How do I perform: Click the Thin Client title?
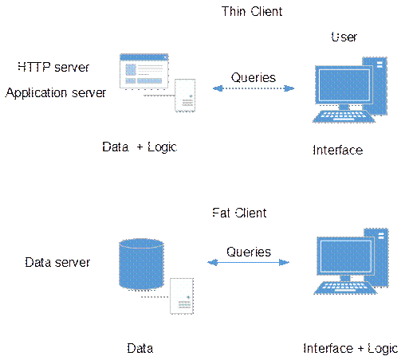pos(252,12)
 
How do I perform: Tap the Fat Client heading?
pos(239,213)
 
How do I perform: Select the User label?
pos(344,37)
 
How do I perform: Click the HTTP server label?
pos(53,67)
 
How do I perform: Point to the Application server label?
pos(56,93)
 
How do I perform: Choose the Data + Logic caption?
pos(140,147)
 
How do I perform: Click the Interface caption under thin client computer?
pos(338,150)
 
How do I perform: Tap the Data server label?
pos(57,263)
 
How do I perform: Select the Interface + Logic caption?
pos(351,349)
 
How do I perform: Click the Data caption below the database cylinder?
pos(140,349)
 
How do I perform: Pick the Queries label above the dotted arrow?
pos(254,77)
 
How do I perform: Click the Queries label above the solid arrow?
pos(249,252)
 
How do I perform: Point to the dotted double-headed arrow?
pos(254,88)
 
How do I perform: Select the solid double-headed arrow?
pos(249,263)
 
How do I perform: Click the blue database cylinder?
pos(141,264)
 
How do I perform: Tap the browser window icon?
pos(144,71)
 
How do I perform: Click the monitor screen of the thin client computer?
pos(344,85)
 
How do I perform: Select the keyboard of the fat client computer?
pos(345,288)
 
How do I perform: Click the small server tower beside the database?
pos(182,295)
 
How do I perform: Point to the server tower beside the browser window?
pos(185,95)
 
